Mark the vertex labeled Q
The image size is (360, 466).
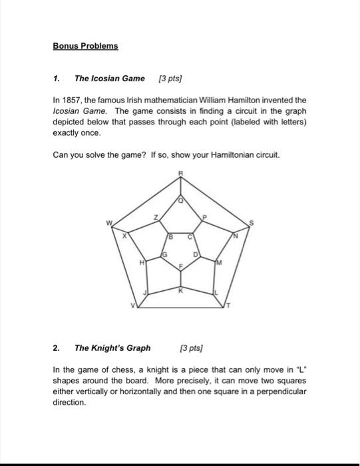(x=180, y=199)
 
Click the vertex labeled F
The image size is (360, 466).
(x=180, y=266)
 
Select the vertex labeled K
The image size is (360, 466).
(x=180, y=289)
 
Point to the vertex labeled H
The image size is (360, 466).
(x=139, y=264)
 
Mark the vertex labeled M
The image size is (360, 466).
(x=220, y=263)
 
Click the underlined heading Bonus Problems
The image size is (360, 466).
(x=85, y=46)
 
